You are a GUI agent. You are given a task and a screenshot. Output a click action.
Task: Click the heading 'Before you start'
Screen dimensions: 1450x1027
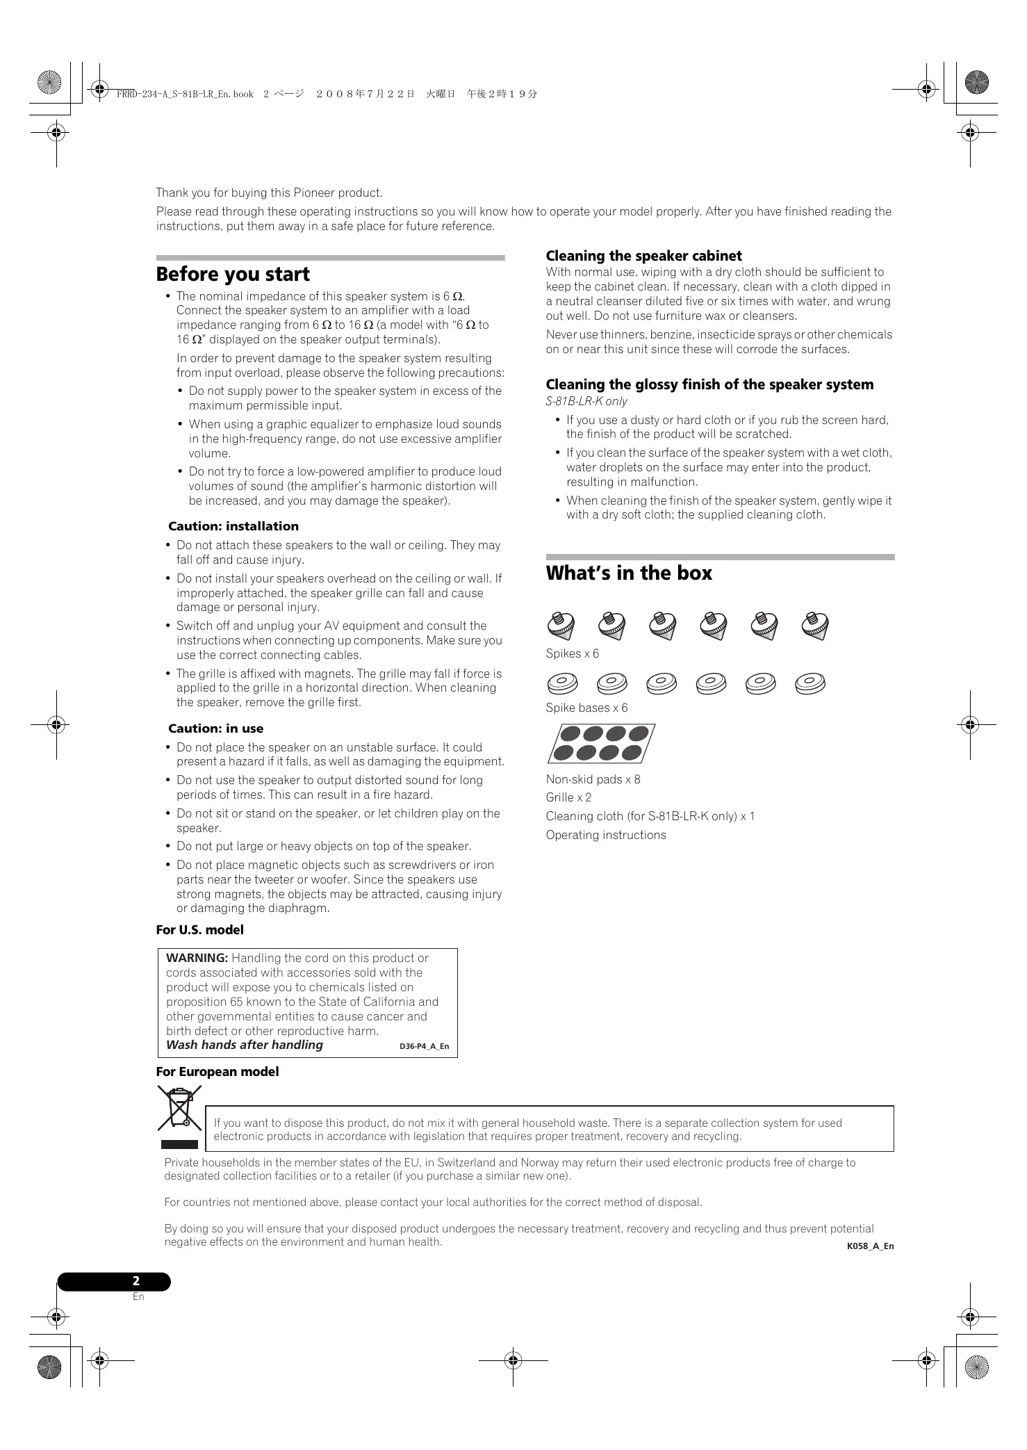coord(233,275)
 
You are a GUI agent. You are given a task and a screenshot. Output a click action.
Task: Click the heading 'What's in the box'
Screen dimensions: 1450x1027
coord(629,573)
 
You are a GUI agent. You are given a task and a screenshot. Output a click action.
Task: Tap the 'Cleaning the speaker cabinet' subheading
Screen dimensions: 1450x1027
coord(643,256)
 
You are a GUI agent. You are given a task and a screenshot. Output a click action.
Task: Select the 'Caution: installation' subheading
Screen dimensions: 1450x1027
coord(233,526)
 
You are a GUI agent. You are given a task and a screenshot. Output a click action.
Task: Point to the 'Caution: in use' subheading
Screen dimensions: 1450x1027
coord(215,728)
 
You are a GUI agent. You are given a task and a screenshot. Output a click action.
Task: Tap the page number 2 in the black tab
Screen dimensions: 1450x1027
coord(136,1281)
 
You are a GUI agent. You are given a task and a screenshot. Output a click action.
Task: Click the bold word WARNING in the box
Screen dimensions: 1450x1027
coord(197,958)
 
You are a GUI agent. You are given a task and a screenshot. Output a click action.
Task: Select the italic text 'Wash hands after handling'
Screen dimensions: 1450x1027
coord(245,1045)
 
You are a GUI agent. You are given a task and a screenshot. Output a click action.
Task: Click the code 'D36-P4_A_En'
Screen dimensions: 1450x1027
coord(424,1046)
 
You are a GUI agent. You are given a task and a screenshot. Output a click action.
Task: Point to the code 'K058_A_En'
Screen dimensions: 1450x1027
coord(870,1246)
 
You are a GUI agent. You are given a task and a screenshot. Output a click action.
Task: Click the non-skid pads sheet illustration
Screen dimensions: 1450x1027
coord(601,743)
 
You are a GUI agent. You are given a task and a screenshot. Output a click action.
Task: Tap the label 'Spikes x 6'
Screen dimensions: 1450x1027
coord(572,653)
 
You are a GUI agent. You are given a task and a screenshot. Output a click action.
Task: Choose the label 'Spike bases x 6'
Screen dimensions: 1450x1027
coord(586,708)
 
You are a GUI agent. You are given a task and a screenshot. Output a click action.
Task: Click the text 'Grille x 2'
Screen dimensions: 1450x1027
coord(568,797)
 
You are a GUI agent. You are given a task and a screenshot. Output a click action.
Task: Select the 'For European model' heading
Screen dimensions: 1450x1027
coord(217,1072)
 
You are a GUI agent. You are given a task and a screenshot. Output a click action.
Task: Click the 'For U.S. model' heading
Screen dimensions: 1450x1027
coord(199,930)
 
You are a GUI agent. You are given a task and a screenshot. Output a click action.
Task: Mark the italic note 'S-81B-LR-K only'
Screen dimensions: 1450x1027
coord(586,401)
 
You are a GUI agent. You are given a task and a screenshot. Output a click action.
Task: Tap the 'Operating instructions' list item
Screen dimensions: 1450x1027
coord(605,835)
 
